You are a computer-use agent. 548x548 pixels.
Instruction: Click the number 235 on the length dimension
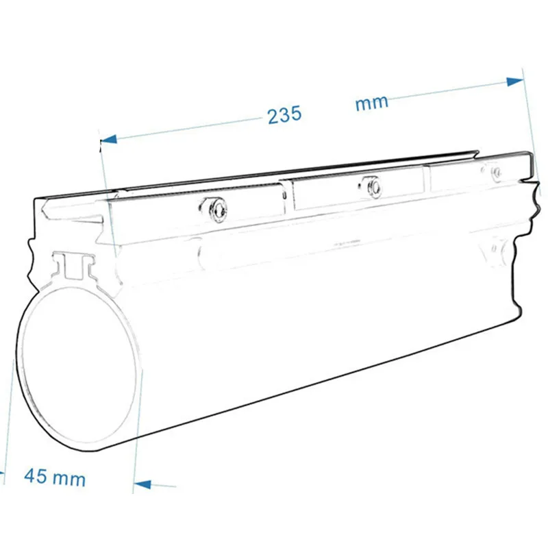[x=284, y=114]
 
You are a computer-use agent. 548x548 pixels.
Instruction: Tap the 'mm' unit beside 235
[x=371, y=103]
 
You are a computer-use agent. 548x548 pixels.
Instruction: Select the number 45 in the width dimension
[x=36, y=475]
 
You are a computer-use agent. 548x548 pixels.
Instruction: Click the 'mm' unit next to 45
[x=70, y=479]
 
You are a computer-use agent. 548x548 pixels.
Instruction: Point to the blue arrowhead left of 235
[x=108, y=139]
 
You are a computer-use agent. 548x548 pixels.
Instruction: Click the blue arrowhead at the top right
[x=515, y=82]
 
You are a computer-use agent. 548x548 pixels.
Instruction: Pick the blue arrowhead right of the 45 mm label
[x=142, y=484]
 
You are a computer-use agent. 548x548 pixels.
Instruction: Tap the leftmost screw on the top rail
[x=217, y=209]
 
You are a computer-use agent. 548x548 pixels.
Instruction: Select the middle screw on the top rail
[x=374, y=187]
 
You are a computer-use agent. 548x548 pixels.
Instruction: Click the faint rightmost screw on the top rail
[x=496, y=173]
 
